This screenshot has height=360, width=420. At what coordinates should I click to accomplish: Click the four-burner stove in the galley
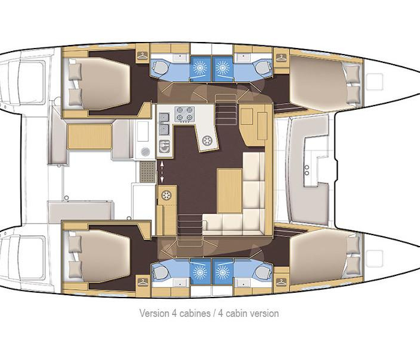coord(182,113)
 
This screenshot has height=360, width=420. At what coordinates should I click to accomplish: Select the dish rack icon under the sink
coord(163,145)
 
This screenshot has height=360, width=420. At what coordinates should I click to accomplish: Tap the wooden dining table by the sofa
coord(229,190)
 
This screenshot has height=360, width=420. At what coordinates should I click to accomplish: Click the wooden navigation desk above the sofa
coord(253,123)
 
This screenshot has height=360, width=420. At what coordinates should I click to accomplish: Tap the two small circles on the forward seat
coord(307,170)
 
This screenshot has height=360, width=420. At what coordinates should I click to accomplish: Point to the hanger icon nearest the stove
coord(142,56)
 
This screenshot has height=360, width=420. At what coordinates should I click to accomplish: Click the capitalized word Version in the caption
coord(153,313)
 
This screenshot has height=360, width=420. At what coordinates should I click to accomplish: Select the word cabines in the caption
coord(192,313)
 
